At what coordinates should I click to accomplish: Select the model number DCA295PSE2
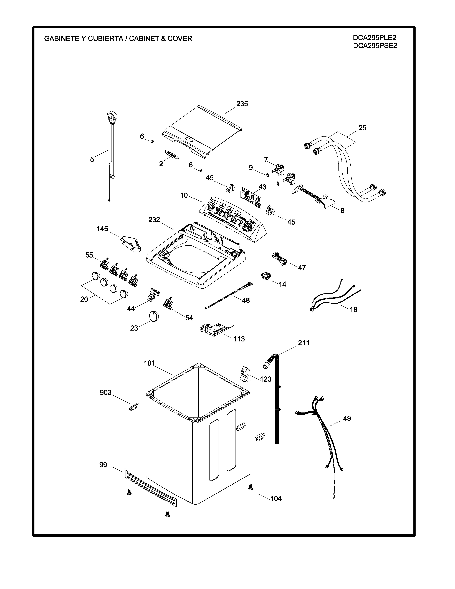[x=375, y=46]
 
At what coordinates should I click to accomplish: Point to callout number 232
[x=154, y=220]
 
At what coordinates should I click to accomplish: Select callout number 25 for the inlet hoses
[x=362, y=128]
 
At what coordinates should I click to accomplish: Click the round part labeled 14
[x=265, y=276]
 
